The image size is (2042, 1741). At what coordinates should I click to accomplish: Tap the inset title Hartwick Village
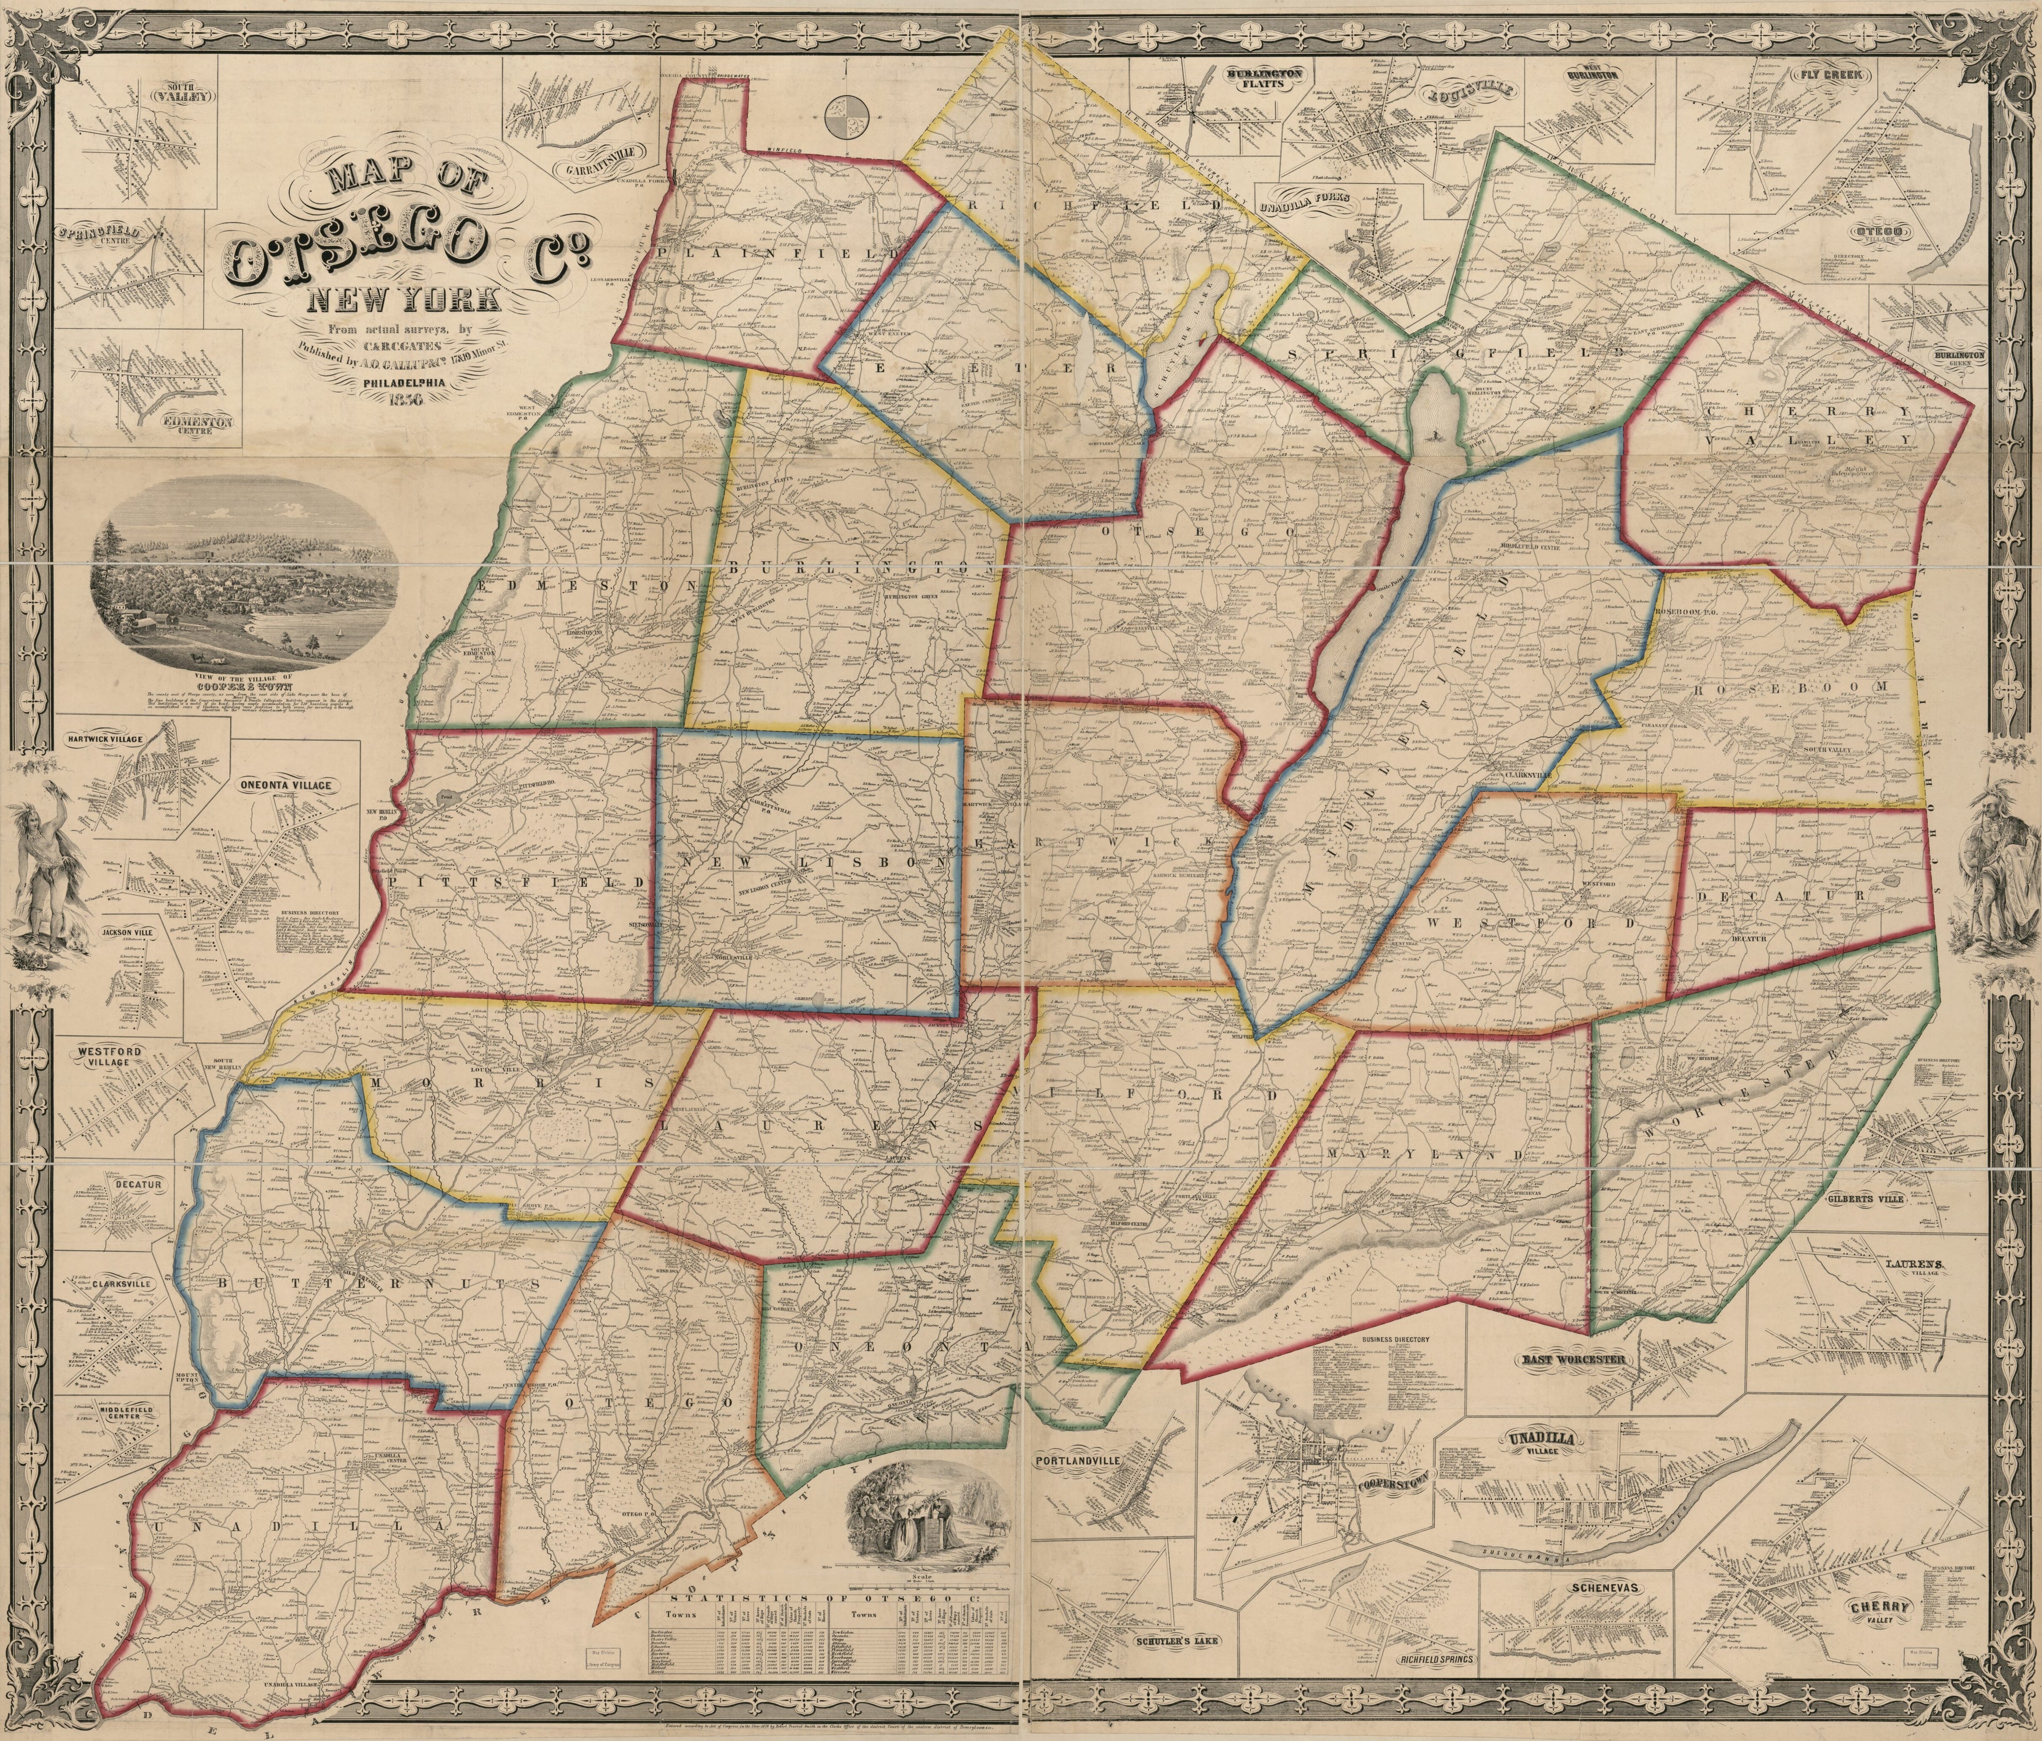107,738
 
